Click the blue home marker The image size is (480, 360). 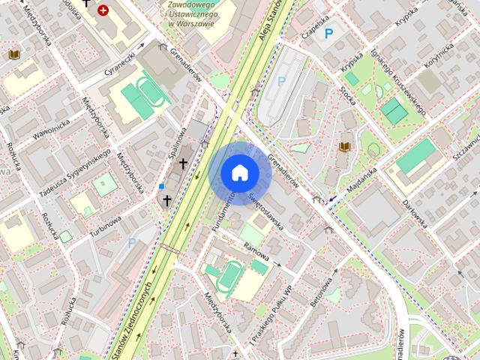[240, 172]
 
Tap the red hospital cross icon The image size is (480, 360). [103, 10]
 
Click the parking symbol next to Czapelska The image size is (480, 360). [328, 33]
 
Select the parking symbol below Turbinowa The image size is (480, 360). [132, 242]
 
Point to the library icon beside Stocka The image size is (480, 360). [345, 145]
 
